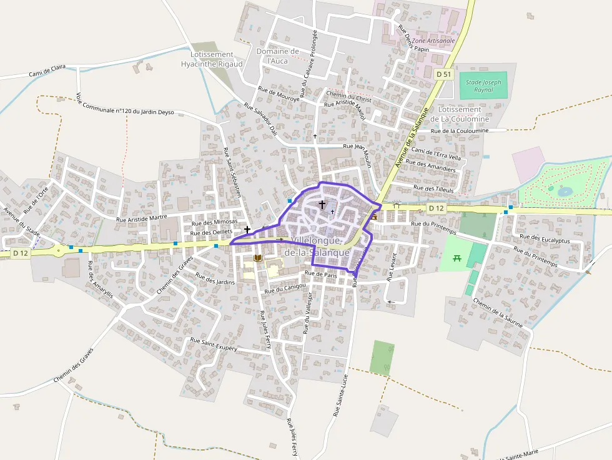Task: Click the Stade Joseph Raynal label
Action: coord(483,86)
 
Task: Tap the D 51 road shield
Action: coord(443,74)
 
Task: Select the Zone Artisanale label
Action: coord(434,41)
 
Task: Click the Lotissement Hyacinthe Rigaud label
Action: coord(212,59)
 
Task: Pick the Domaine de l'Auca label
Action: coord(278,56)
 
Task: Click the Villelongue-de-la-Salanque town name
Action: coord(313,247)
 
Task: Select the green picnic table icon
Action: coord(457,258)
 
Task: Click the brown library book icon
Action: coord(257,258)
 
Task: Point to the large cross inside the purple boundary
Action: coord(322,204)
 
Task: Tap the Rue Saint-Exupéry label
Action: coord(214,345)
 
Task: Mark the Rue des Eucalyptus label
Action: coord(542,238)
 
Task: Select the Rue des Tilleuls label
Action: coord(433,188)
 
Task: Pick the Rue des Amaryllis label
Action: coord(100,279)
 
